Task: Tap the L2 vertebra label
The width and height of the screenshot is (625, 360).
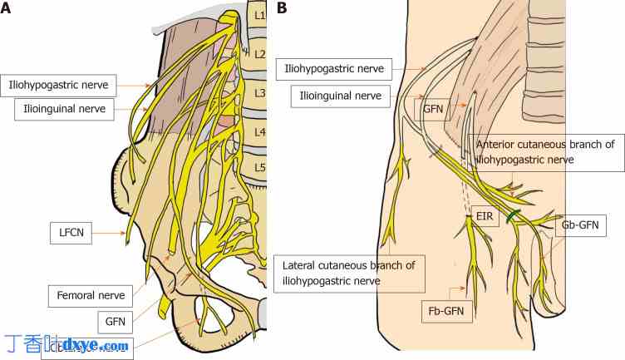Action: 258,54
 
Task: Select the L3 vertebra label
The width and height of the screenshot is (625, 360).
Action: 258,93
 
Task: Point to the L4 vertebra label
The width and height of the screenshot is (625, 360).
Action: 258,131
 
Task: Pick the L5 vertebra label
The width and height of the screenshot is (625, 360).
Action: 258,167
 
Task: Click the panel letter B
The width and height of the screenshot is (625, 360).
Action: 283,8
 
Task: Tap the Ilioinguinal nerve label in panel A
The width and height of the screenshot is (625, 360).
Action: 64,110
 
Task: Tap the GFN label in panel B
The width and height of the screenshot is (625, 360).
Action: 433,107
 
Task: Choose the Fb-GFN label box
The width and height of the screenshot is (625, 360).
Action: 446,313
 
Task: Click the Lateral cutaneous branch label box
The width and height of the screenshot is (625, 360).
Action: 349,273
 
